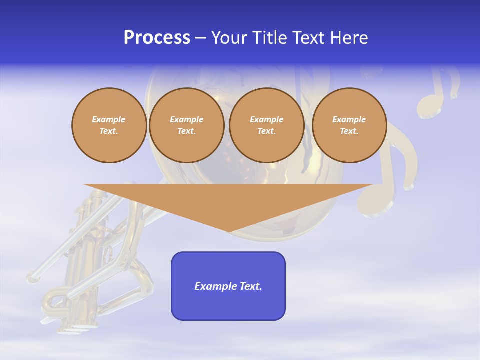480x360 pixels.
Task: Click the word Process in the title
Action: coord(157,38)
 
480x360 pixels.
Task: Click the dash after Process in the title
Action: coord(201,38)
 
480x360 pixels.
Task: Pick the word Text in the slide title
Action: coord(309,38)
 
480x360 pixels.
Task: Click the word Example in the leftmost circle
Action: coord(109,119)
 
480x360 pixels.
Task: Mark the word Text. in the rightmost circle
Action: coord(349,131)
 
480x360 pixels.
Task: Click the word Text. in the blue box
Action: coord(251,286)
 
